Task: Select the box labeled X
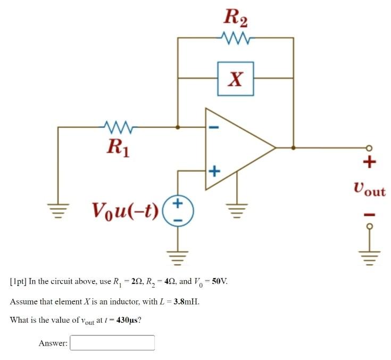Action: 235,79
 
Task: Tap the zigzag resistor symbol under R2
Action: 235,38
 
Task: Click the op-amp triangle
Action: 234,148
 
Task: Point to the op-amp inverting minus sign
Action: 213,128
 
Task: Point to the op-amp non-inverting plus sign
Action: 213,171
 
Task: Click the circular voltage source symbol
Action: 178,210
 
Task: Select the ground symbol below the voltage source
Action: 178,258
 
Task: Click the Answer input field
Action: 112,343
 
